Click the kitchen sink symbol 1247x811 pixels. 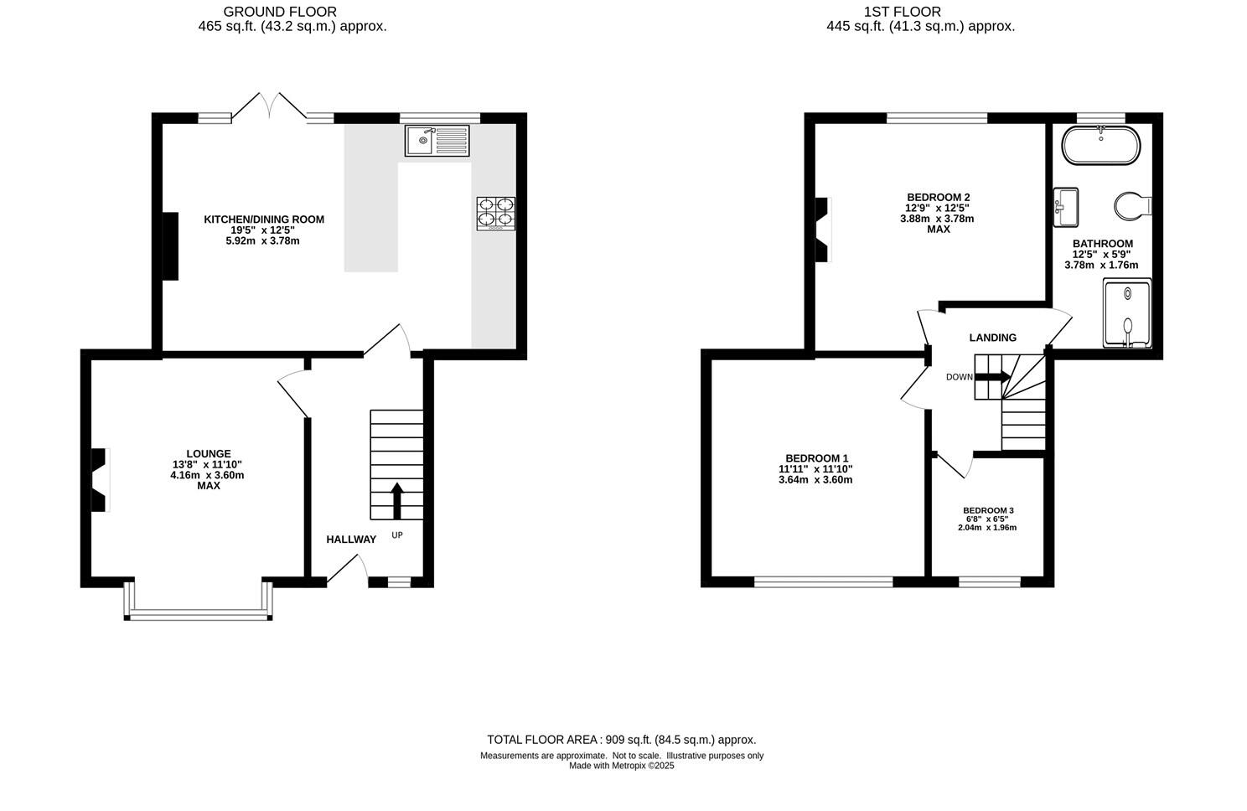(437, 140)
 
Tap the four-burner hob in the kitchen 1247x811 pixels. (496, 213)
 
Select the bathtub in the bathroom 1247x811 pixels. (1100, 146)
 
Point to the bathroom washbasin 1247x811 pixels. (1066, 207)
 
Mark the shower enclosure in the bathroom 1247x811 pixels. (1128, 314)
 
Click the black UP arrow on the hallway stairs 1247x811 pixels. (397, 500)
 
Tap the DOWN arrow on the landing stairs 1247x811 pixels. (992, 377)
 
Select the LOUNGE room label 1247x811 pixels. (209, 454)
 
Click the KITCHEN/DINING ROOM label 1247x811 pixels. (264, 220)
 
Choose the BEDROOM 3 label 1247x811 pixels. (988, 510)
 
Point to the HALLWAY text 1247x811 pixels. (351, 540)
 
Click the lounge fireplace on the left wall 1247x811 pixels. (100, 480)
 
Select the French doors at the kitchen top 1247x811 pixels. (269, 106)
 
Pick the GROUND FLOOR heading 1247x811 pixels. (280, 12)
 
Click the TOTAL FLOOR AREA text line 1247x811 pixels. (621, 740)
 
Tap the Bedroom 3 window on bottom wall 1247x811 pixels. (989, 581)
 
